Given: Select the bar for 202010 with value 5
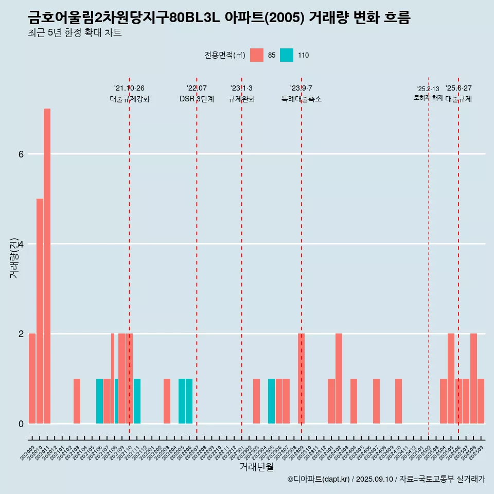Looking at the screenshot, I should [40, 311].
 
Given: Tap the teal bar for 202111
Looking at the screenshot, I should [137, 401].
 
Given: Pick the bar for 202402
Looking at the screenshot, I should [339, 379].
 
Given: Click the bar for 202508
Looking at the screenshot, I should [473, 379].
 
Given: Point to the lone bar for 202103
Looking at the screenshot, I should [77, 401].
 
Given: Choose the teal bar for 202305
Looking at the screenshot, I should [271, 401].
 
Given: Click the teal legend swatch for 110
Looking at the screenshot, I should [287, 55].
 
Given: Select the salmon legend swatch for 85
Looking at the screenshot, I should [257, 55].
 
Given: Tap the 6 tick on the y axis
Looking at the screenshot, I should [21, 154].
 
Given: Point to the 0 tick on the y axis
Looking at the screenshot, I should [21, 424].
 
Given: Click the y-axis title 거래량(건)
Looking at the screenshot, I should [14, 257].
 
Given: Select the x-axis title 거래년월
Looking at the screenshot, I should [256, 467].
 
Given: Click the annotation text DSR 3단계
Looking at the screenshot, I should [197, 99].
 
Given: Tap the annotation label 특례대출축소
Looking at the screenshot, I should [302, 99].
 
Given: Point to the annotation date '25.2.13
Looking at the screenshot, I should [428, 89].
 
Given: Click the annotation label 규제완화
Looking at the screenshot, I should [241, 99].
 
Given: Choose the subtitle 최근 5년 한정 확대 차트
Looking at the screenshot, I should [75, 33].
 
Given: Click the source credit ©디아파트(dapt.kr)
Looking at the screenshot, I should [319, 479].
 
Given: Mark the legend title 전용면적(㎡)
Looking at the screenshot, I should [225, 55].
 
